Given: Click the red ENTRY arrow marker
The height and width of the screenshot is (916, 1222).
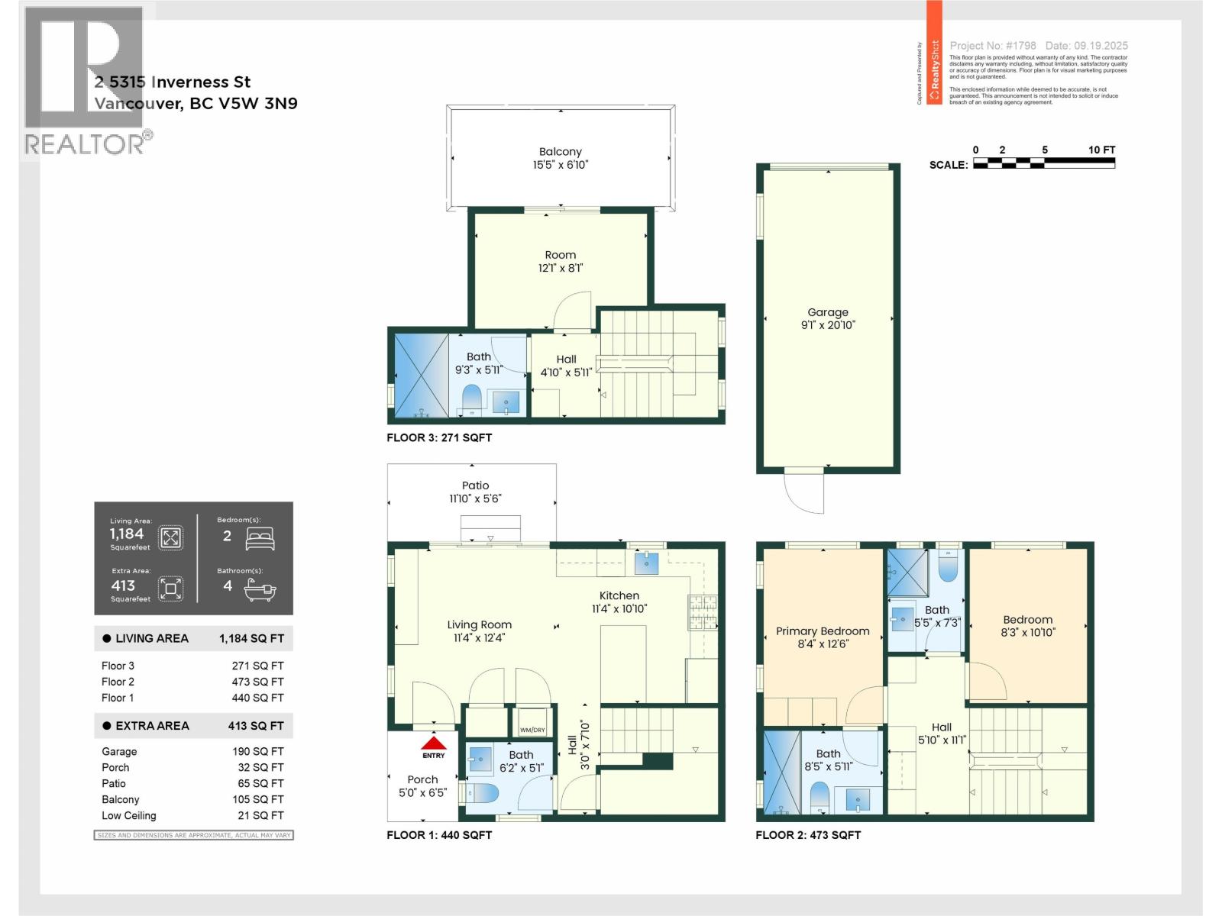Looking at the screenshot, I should tap(434, 744).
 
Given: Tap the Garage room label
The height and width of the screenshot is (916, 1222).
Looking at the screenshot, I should tap(828, 312).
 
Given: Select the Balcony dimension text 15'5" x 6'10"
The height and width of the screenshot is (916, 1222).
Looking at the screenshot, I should tap(561, 165).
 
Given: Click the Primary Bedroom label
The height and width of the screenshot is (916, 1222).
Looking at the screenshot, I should tap(823, 631).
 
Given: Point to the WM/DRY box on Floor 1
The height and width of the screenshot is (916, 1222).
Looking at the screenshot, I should tap(532, 730).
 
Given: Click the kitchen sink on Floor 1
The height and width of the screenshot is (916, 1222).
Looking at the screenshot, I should tap(646, 563).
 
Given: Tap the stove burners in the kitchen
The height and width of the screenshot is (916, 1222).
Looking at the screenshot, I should tap(702, 612).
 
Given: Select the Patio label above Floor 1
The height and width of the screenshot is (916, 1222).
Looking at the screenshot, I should tap(475, 485).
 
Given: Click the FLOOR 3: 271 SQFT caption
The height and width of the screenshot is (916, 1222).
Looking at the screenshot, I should tap(439, 437).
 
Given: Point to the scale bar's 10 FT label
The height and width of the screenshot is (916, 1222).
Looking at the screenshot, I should tap(1101, 150).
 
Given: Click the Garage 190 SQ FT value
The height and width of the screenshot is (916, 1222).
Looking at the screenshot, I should tap(257, 752).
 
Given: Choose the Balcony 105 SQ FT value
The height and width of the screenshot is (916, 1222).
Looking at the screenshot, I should tap(257, 799).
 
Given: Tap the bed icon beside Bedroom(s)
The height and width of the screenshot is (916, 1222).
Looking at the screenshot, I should tap(260, 538).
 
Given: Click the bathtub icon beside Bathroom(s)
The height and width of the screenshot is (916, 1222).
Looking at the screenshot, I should tap(260, 589).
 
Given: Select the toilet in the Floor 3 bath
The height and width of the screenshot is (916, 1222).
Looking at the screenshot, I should tap(471, 398).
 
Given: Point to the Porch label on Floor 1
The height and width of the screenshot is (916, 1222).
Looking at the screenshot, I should tap(422, 779).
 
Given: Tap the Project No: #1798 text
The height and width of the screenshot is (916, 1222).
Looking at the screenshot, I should tap(992, 46).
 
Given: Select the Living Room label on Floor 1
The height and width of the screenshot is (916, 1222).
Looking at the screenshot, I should tap(479, 624).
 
